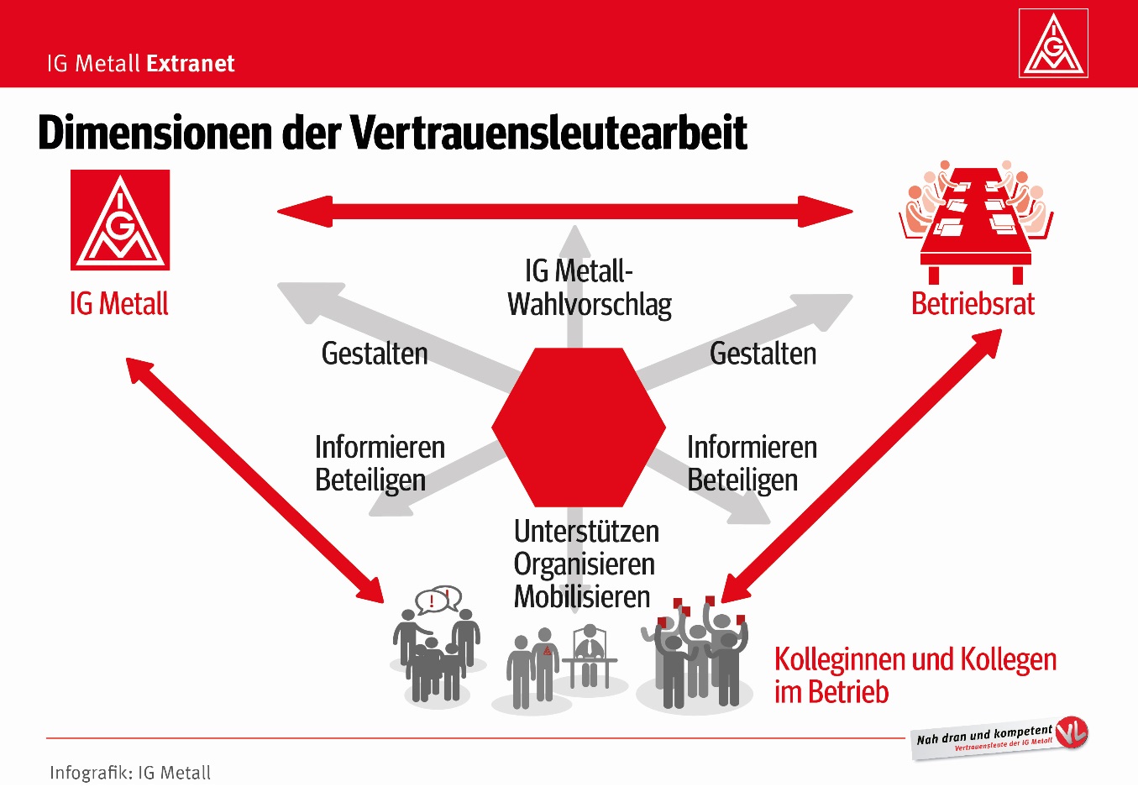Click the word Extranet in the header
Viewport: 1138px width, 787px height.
191,64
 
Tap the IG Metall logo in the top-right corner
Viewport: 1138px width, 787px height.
1053,43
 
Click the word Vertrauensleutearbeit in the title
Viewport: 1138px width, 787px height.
548,133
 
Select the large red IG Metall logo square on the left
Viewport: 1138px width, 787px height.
120,219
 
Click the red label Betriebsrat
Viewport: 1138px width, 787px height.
973,304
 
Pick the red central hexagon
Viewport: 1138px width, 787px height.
579,428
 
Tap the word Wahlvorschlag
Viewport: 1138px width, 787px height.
590,305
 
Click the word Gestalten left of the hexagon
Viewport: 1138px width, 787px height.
375,353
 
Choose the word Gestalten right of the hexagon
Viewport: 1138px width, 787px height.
763,353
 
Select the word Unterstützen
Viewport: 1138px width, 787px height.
586,532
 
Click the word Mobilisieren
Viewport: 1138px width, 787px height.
582,596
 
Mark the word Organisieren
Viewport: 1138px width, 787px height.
585,565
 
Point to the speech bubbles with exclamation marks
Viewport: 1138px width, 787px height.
438,600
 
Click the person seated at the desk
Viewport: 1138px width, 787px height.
590,655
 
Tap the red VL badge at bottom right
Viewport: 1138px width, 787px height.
1071,733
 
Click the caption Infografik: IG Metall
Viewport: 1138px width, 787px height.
130,773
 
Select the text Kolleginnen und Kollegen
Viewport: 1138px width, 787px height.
915,660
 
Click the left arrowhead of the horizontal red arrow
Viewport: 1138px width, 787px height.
305,212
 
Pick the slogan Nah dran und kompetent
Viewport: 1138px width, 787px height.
984,735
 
